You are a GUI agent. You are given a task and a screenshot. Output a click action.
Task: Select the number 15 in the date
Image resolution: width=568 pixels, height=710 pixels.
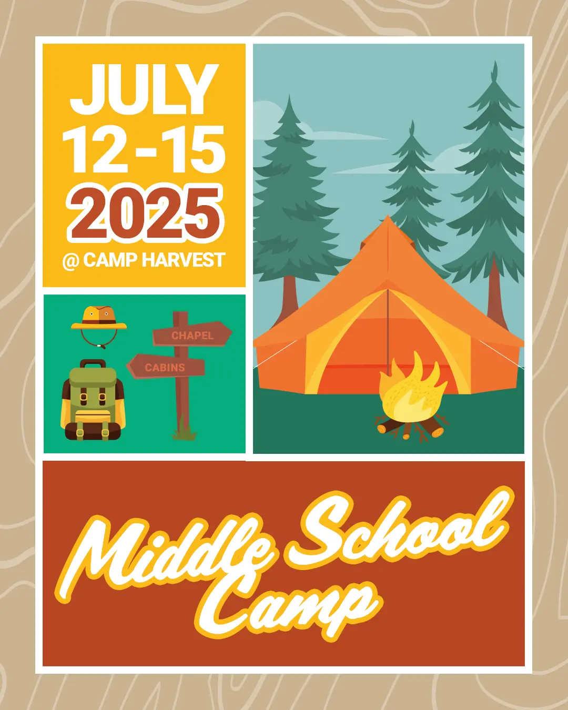194,149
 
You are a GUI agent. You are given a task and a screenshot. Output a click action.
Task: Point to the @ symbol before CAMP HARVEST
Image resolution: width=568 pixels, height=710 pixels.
71,261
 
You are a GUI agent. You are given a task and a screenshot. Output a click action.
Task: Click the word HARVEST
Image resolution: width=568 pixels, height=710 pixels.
184,260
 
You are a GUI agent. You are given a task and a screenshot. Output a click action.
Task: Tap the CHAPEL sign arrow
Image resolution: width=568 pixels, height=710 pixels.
192,334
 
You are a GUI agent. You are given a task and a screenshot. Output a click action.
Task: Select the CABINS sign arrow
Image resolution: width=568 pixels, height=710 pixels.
166,366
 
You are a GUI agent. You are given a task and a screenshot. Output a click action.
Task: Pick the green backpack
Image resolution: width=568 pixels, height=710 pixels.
93,400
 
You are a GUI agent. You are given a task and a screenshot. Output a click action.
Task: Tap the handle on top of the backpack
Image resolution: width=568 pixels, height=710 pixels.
93,364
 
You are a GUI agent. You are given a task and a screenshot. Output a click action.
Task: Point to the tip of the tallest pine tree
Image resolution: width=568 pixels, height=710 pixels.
494,62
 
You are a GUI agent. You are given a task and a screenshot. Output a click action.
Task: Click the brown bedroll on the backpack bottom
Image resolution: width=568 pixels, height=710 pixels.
93,431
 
